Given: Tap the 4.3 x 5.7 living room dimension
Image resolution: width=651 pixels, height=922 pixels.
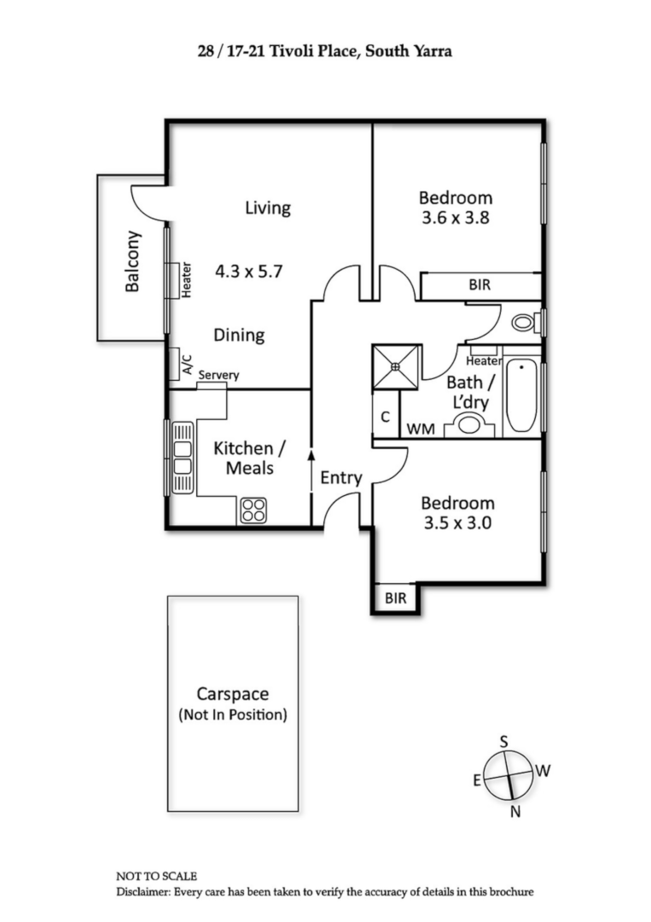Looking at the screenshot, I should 248,271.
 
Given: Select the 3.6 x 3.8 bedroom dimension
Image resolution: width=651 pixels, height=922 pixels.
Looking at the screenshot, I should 456,218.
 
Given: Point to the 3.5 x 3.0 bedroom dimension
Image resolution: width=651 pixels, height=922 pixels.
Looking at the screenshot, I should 457,523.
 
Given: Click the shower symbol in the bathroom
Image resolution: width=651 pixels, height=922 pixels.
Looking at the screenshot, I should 396,366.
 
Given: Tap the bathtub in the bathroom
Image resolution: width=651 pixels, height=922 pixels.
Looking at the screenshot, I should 520,397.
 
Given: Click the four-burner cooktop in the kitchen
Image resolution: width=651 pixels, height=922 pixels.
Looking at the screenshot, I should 253,510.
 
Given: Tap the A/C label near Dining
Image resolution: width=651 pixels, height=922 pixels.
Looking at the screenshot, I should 187,365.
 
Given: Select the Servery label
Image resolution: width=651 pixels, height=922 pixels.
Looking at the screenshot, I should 218,375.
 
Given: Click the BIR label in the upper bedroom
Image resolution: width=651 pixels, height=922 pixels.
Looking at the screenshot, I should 480,285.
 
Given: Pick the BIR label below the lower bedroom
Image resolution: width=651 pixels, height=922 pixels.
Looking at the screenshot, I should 395,598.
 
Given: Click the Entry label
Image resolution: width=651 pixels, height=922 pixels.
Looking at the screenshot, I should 341,478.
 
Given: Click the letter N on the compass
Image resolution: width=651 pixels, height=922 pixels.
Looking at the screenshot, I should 515,812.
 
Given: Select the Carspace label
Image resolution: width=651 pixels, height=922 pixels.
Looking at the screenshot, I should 232,695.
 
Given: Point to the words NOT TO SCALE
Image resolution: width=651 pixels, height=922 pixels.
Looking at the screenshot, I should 156,876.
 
